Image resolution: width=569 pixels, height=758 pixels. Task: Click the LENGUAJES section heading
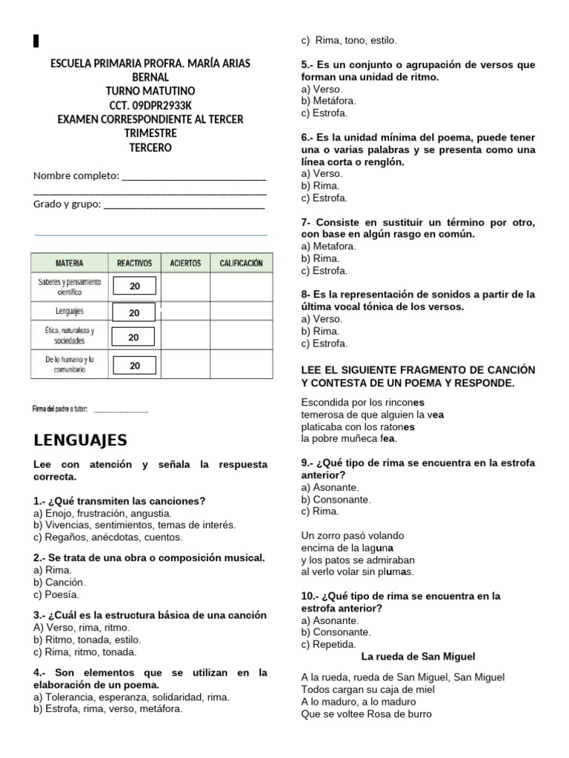(x=81, y=440)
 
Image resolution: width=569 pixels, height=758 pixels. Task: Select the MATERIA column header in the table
(x=69, y=264)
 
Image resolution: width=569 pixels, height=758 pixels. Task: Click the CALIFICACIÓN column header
(x=241, y=264)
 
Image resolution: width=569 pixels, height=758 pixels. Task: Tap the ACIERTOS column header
(x=184, y=264)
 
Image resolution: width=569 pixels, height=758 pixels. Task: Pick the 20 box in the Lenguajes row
(x=134, y=312)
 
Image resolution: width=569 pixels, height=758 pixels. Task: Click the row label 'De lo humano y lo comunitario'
(x=69, y=365)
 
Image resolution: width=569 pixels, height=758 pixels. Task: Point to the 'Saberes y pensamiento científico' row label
(x=69, y=286)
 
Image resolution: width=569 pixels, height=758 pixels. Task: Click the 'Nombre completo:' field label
(x=76, y=175)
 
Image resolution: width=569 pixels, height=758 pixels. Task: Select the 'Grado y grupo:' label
(x=67, y=204)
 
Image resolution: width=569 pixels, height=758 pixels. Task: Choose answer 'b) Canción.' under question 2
(x=56, y=583)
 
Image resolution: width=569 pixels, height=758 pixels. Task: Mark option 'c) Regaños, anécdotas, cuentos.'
(x=107, y=537)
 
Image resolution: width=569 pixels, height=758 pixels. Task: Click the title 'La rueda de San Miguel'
(x=418, y=657)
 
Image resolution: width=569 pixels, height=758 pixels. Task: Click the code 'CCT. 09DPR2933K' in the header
(x=150, y=105)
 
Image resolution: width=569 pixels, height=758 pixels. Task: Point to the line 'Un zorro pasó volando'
(x=353, y=535)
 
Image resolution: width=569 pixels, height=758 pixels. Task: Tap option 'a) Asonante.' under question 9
(x=330, y=487)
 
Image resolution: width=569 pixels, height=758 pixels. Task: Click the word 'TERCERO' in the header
(x=150, y=147)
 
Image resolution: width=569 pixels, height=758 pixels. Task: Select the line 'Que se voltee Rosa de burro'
(x=366, y=714)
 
